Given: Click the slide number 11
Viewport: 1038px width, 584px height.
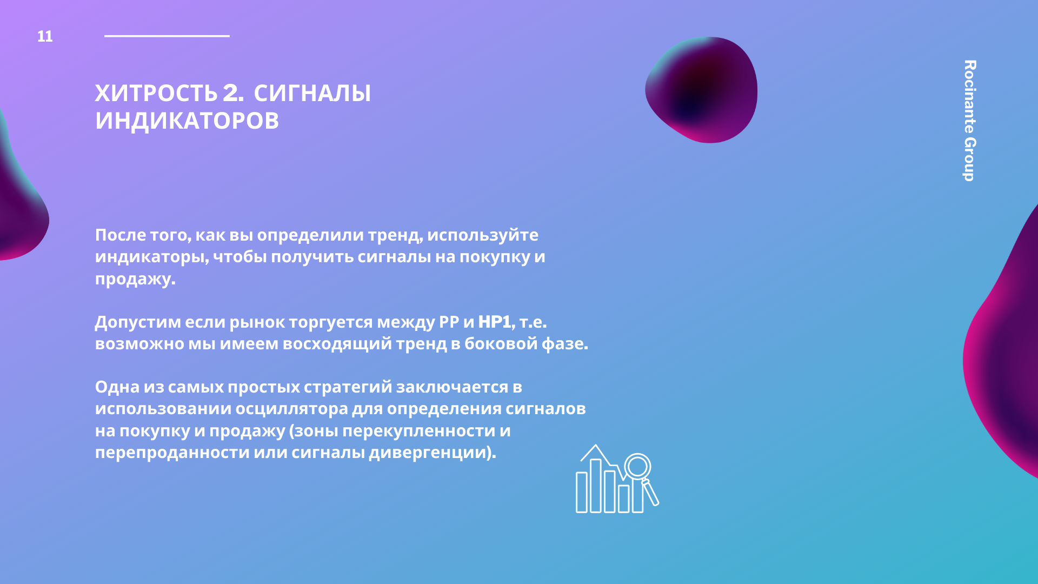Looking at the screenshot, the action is (x=45, y=36).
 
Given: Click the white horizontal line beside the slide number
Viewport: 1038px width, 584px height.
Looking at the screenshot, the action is (x=167, y=36).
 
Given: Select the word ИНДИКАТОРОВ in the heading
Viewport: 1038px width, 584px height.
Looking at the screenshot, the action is (x=187, y=121).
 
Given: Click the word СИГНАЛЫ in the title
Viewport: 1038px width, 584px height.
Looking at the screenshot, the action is (x=312, y=93).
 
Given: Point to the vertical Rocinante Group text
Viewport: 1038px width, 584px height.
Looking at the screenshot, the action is (x=970, y=121).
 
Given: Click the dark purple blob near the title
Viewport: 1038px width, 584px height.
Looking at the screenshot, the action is (x=702, y=90).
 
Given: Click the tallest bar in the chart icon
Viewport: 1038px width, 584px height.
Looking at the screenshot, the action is (x=596, y=486).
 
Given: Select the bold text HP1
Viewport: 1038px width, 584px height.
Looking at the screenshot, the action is (x=495, y=322).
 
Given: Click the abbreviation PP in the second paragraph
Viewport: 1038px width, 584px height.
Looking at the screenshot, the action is (x=449, y=322).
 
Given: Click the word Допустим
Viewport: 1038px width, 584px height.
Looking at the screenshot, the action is (x=138, y=322).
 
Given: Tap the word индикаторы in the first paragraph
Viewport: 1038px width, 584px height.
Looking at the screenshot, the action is (x=151, y=257).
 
